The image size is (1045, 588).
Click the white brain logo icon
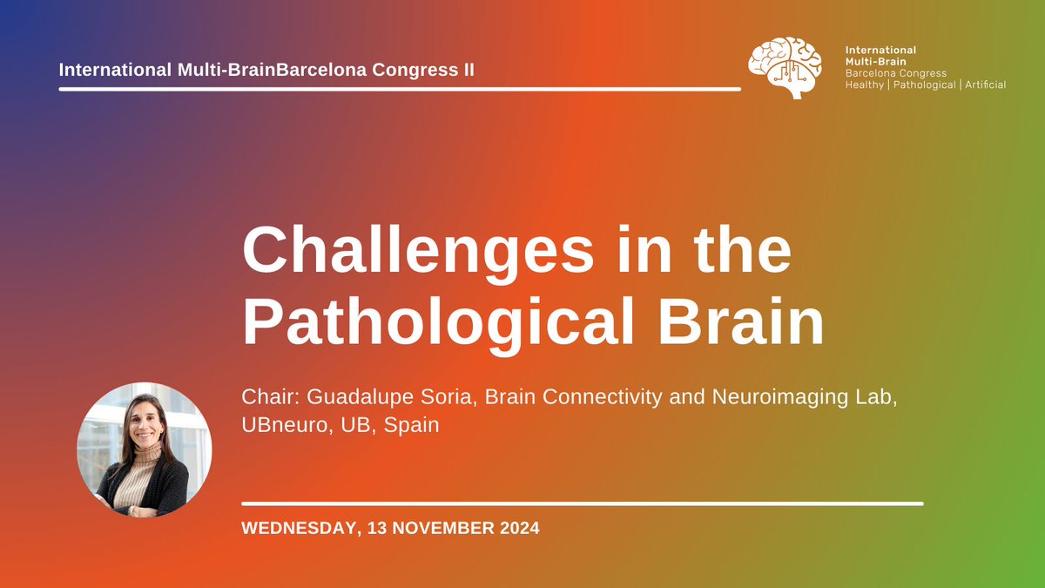[x=785, y=67]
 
